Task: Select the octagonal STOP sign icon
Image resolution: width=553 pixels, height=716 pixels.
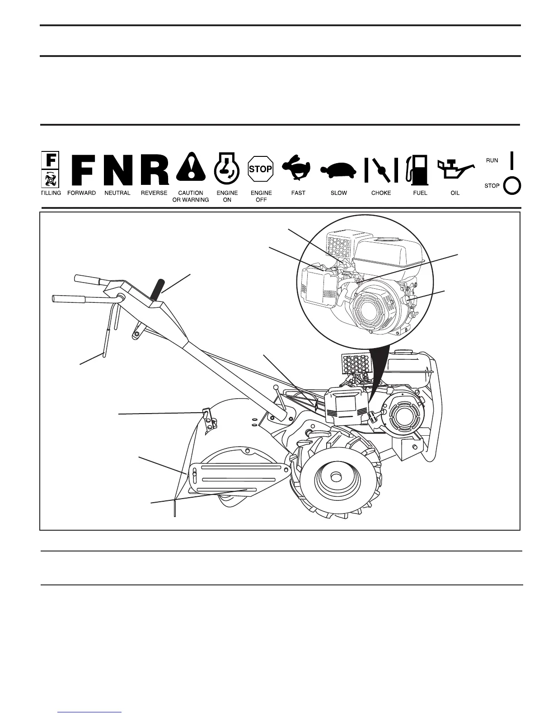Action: pos(261,169)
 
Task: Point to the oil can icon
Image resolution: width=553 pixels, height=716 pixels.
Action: pos(454,170)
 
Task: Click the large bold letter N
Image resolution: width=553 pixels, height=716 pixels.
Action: pos(118,170)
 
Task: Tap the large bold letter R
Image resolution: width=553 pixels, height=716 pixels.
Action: pos(155,170)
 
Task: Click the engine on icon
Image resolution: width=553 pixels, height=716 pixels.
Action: pos(226,168)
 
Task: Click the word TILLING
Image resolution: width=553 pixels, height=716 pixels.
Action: pos(51,193)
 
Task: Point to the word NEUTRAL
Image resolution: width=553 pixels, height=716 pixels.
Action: pos(117,193)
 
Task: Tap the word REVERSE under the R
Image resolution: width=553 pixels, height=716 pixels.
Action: pos(154,193)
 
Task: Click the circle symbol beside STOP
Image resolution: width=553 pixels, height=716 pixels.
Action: pos(512,186)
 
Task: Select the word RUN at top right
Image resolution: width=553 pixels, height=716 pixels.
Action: pos(492,160)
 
